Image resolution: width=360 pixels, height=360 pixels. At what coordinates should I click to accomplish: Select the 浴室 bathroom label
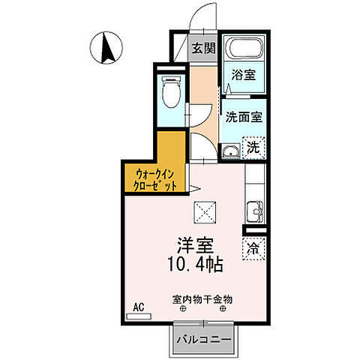click(241, 76)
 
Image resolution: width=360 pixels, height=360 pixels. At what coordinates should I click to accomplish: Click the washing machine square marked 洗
click(254, 147)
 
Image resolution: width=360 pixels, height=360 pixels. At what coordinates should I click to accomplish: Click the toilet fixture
click(172, 93)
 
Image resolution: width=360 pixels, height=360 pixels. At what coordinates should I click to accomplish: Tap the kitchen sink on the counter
click(253, 211)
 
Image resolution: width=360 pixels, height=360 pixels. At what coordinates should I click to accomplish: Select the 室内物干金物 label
click(202, 298)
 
